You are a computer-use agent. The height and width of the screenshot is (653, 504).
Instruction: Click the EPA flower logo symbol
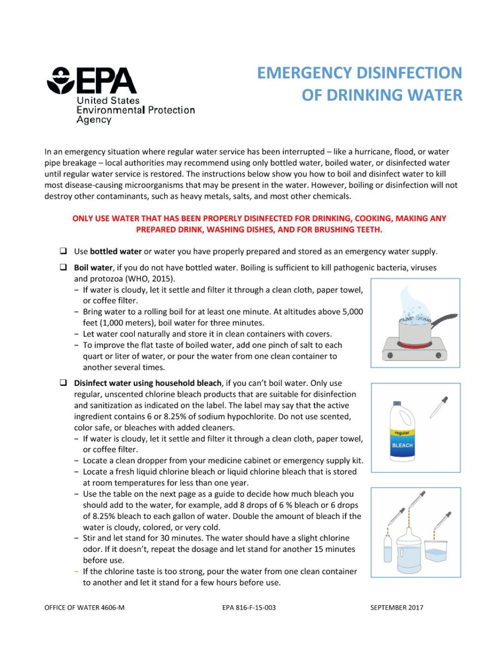tap(60, 81)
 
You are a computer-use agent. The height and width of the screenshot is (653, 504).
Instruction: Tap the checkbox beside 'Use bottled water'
tap(63, 251)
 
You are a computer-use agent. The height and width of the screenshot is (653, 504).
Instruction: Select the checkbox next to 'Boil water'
tap(63, 267)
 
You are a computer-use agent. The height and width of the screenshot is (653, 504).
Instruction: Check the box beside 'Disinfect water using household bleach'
tap(63, 382)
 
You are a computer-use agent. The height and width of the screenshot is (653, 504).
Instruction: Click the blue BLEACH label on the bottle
tap(402, 446)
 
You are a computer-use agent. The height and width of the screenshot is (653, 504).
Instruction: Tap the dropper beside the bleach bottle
tap(439, 407)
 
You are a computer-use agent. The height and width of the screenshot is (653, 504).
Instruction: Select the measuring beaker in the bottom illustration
tap(436, 551)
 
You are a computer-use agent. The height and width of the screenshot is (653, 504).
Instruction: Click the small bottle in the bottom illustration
tap(388, 548)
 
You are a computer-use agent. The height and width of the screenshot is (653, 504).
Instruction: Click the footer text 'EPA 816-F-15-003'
tap(249, 608)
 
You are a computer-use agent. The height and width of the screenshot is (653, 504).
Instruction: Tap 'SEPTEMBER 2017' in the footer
tap(397, 608)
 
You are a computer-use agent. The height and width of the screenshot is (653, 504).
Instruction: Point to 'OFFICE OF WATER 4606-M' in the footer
tap(84, 608)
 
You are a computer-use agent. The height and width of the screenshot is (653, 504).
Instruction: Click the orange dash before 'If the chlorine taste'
tap(76, 571)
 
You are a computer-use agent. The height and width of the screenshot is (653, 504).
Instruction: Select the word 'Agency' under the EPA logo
tap(94, 120)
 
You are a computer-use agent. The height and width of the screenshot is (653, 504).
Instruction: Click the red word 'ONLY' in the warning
tap(83, 218)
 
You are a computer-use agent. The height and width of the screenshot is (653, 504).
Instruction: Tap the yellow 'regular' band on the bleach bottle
tap(402, 433)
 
